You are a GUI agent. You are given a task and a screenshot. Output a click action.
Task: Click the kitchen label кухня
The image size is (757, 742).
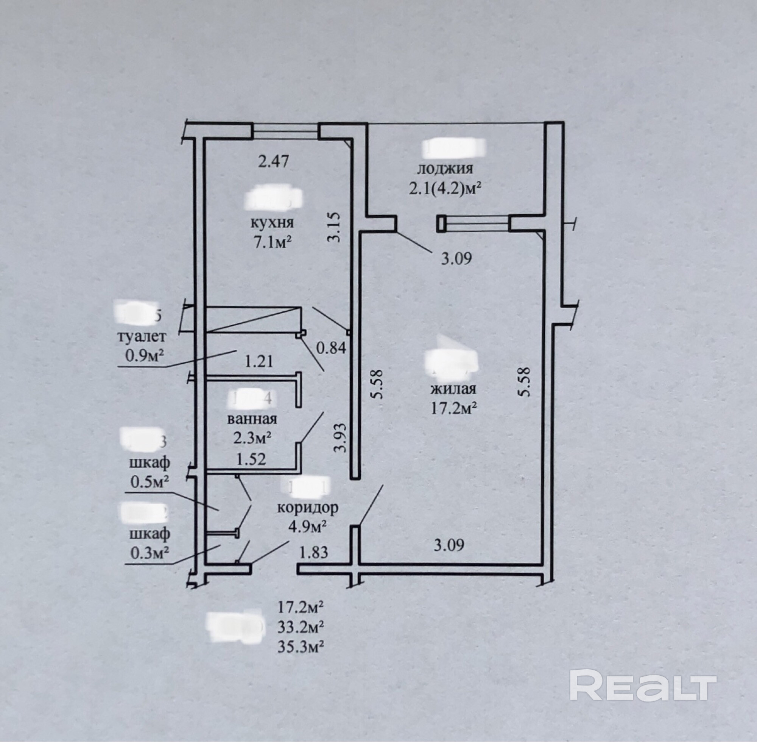point(271,223)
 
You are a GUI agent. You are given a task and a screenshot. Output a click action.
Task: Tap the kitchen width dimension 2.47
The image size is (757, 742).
point(274,161)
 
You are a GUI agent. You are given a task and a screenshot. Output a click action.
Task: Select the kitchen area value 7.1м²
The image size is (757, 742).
point(273,242)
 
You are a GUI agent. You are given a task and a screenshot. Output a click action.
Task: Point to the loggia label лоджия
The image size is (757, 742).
point(445,169)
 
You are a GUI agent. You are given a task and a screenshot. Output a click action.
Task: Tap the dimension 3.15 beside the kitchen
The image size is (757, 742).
point(335,227)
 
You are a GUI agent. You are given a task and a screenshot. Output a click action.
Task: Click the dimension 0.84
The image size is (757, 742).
point(330,348)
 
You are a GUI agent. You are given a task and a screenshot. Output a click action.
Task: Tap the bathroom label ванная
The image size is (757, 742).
point(252,419)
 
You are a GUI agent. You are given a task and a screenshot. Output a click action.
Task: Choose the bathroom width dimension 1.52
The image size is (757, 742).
point(251,459)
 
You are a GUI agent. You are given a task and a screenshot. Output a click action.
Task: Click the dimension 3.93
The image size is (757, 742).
point(340,437)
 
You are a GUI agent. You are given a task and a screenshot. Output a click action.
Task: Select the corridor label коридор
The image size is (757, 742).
point(307,508)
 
